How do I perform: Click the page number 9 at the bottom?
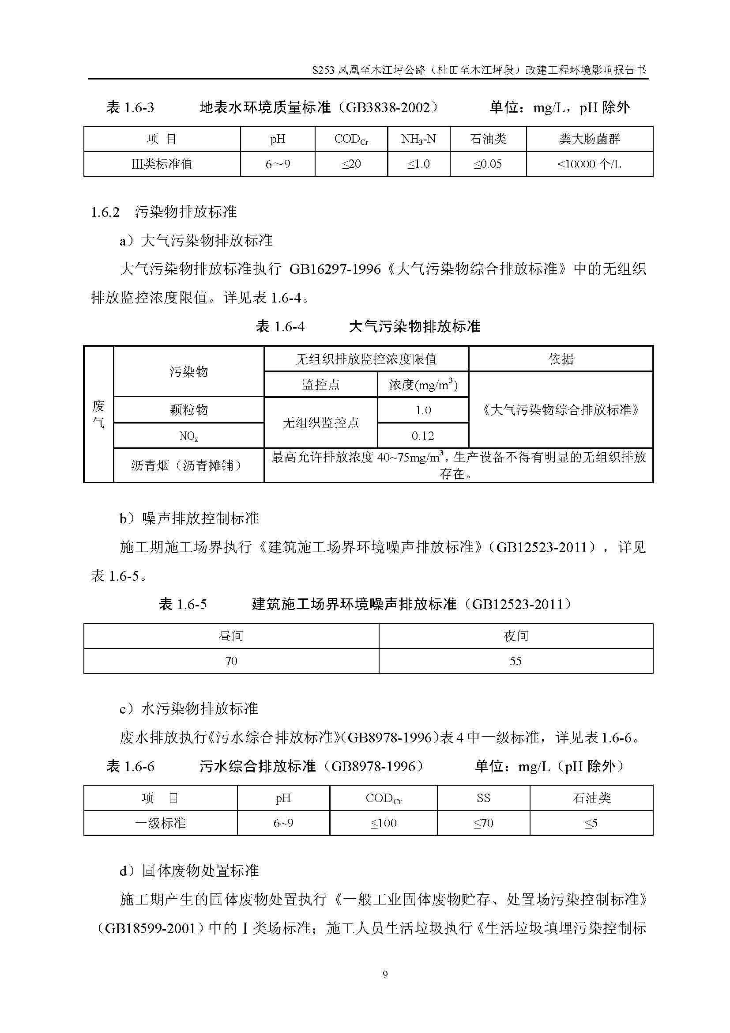point(385,974)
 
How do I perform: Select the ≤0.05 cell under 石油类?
point(487,164)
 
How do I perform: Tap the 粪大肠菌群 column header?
point(589,139)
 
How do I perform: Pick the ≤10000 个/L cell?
point(589,164)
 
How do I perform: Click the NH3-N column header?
point(418,139)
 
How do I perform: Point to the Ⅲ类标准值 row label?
point(162,164)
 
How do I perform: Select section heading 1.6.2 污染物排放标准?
point(164,212)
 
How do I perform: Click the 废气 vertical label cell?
point(98,414)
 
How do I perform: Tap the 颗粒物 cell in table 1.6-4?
point(188,410)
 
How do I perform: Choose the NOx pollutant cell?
point(188,435)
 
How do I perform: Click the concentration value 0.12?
point(422,435)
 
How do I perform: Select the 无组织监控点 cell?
point(320,423)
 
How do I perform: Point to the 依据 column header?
point(561,359)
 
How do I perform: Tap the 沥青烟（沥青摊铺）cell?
point(188,465)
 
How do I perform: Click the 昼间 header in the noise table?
point(231,636)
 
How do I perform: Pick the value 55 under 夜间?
point(516,661)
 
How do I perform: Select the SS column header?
point(483,798)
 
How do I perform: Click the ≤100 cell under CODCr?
point(384,823)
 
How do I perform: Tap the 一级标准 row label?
point(161,823)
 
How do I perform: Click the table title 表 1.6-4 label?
point(280,327)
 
